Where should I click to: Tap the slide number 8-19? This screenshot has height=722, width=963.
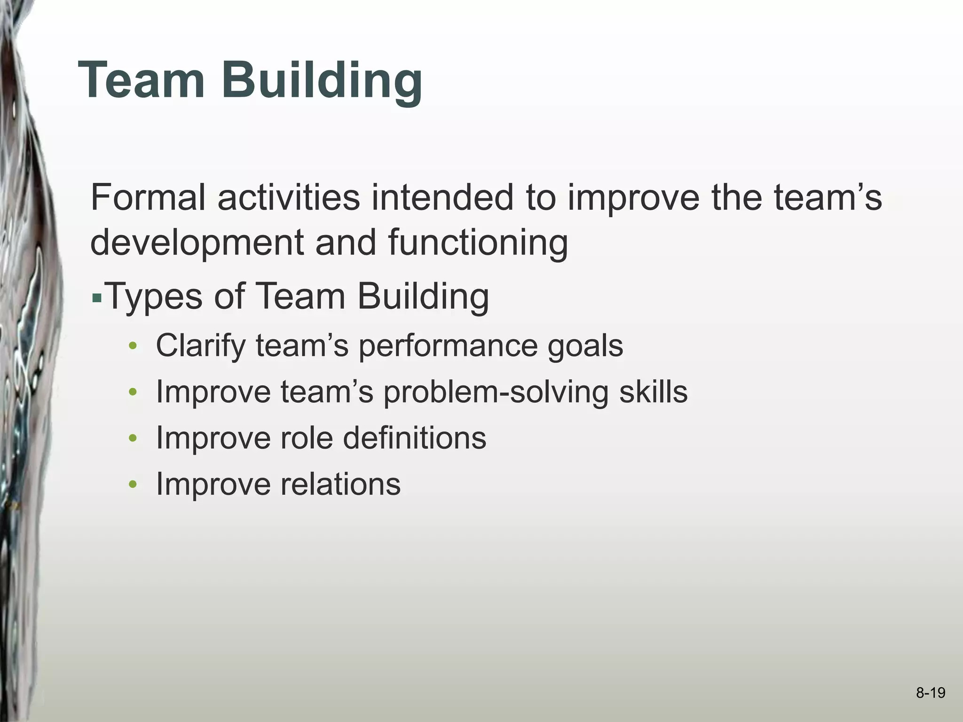[x=931, y=693]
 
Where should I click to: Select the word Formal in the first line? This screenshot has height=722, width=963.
[x=148, y=197]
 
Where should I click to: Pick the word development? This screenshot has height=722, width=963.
[x=197, y=243]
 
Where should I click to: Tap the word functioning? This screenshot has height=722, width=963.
[x=478, y=243]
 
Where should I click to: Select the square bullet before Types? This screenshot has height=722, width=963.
[x=97, y=298]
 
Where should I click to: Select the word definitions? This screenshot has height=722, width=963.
[x=414, y=438]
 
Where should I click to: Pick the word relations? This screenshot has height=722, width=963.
[x=340, y=484]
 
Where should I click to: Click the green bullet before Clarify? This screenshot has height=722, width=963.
[x=133, y=347]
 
